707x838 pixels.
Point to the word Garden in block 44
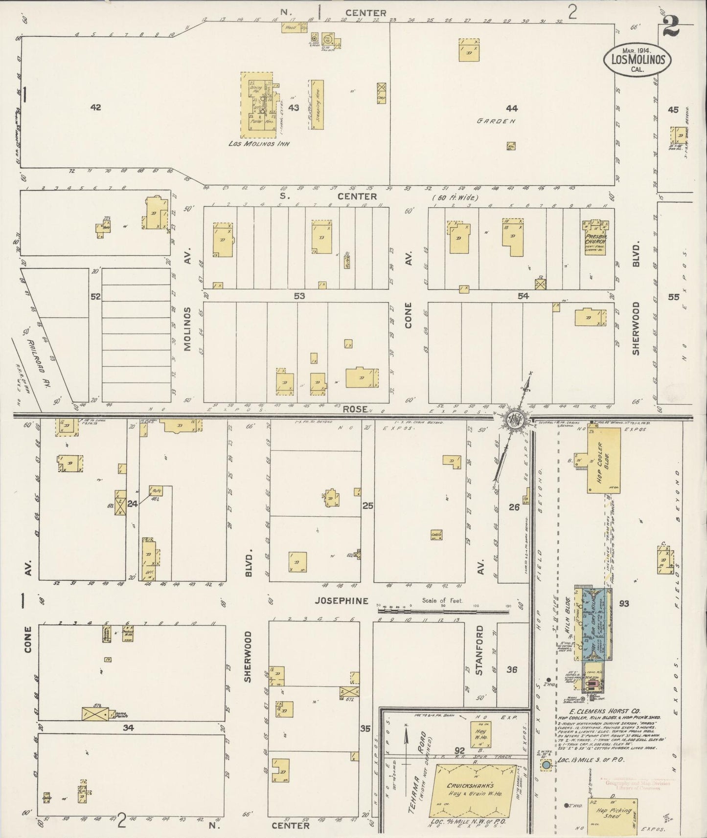(x=497, y=121)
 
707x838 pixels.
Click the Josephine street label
(x=342, y=601)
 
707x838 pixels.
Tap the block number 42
(x=95, y=107)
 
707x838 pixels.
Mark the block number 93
(x=624, y=604)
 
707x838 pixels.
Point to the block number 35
(x=365, y=728)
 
